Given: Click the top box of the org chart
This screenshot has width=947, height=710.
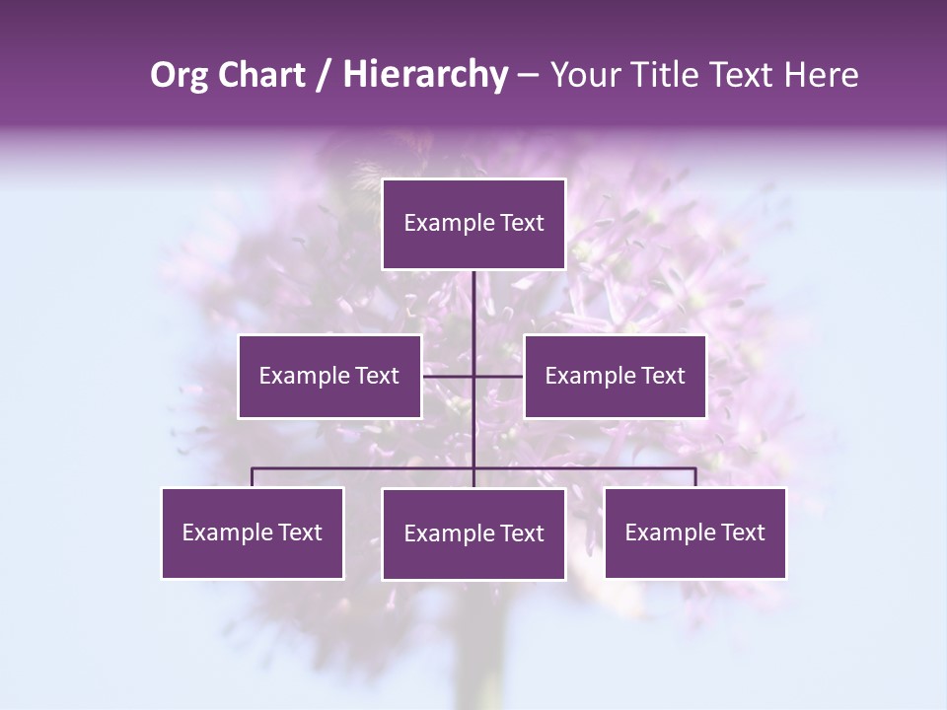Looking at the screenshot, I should pos(473,224).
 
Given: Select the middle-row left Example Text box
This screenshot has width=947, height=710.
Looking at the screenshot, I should pos(329,376).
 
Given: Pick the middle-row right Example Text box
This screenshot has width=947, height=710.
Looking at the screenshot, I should pos(615,376).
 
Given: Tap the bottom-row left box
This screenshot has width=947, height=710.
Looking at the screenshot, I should pos(253,532).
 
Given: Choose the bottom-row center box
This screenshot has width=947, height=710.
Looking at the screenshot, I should pos(473,533).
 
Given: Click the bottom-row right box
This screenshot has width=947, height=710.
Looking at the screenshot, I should pos(694,532).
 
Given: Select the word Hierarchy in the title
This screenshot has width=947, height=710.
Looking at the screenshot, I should pos(424,75).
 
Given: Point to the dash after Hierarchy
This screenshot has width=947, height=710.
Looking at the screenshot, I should pos(528,75).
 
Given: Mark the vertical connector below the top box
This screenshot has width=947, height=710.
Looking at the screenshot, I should pos(473,316).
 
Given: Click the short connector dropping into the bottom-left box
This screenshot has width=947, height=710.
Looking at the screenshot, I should pos(253,477).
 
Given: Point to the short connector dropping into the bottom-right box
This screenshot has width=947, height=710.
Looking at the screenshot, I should pos(695,477).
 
